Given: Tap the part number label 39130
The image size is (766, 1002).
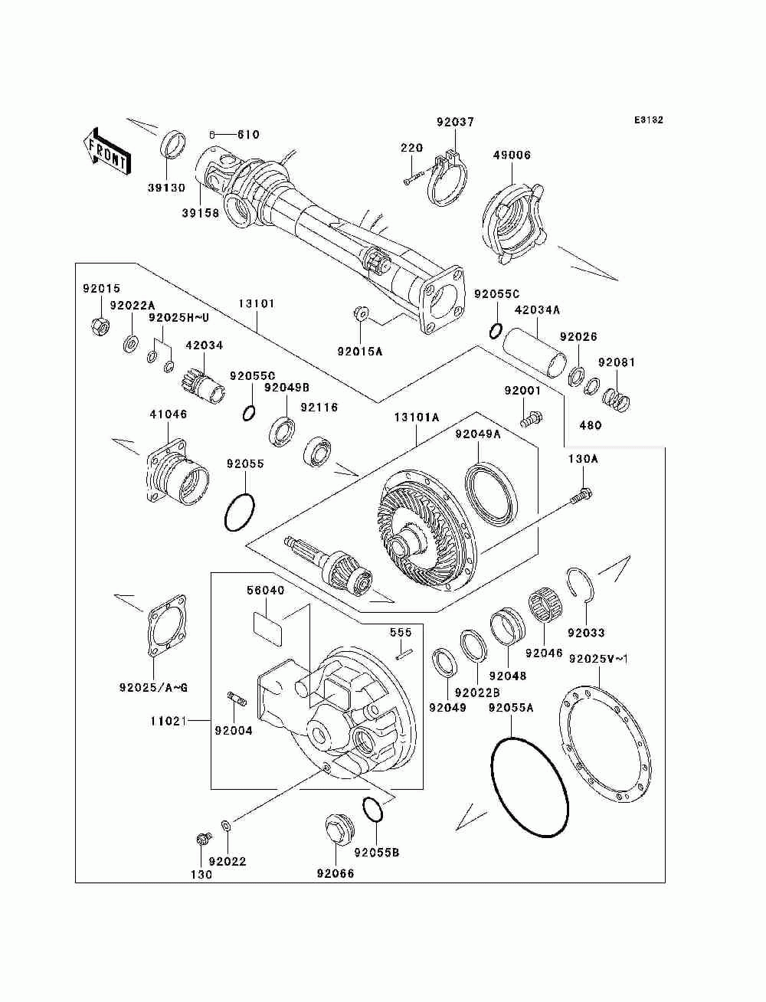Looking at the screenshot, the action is coord(166,188).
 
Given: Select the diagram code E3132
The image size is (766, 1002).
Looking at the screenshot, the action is coord(648,120).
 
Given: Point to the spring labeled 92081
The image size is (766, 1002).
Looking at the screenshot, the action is coord(617,398).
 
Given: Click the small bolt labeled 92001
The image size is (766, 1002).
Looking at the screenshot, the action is coord(531,418).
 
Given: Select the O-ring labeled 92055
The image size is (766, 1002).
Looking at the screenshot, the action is coord(239,512).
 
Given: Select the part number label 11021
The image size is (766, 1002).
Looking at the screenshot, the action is coord(169,722).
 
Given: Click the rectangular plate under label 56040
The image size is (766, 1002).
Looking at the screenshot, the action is coord(267,629).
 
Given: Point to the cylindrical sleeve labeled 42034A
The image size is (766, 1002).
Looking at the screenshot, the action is coord(535,353).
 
